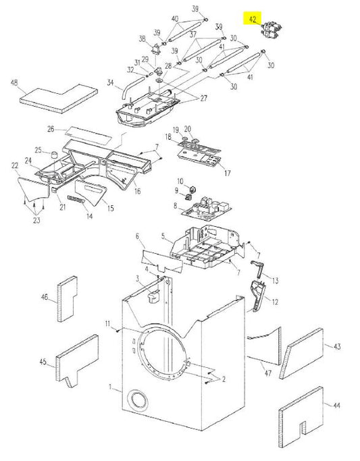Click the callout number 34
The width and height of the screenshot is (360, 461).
click(x=109, y=84)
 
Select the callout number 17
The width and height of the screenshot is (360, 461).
click(x=228, y=173)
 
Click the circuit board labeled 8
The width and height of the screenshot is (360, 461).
click(x=208, y=209)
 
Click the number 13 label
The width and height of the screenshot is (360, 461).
click(x=275, y=279)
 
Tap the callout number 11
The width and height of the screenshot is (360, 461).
click(x=107, y=325)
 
